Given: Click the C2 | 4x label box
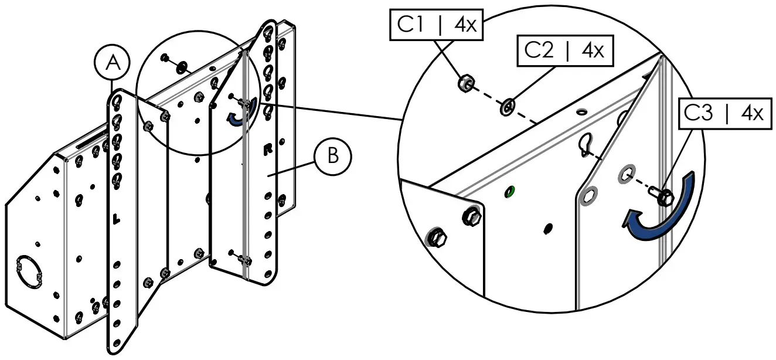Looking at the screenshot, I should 564,50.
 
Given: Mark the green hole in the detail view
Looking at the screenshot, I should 509,190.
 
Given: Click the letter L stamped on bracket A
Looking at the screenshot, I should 115,219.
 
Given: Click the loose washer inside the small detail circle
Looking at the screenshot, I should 182,64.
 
